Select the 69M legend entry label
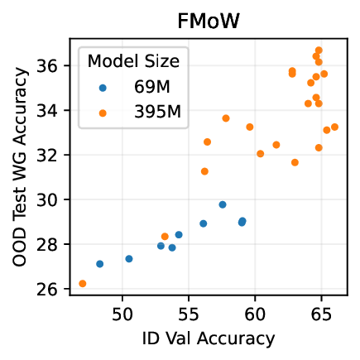151,85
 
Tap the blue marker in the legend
103,85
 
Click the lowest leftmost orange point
83,284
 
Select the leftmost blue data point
100,264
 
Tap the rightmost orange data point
334,127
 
